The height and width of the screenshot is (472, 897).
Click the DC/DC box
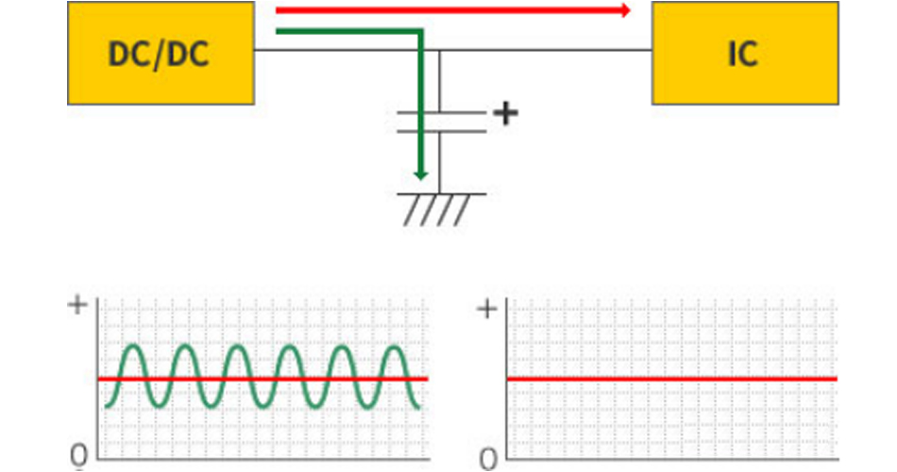(161, 53)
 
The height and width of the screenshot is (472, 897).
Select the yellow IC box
(745, 53)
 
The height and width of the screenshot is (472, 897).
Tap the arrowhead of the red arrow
(625, 10)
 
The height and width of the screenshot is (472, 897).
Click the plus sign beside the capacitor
(507, 114)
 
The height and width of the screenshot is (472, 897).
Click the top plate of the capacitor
(441, 113)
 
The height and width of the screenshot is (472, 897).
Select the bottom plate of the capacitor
(441, 130)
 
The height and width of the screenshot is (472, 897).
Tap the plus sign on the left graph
(79, 306)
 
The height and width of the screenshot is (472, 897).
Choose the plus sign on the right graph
(486, 309)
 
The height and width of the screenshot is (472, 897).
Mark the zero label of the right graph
(487, 458)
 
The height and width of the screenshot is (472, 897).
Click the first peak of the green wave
(133, 347)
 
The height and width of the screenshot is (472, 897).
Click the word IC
(742, 54)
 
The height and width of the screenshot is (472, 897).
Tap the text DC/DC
(159, 54)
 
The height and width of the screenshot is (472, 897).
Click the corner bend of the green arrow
(419, 33)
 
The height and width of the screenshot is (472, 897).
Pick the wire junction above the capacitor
(441, 49)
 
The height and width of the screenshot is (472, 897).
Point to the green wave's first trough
(159, 408)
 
